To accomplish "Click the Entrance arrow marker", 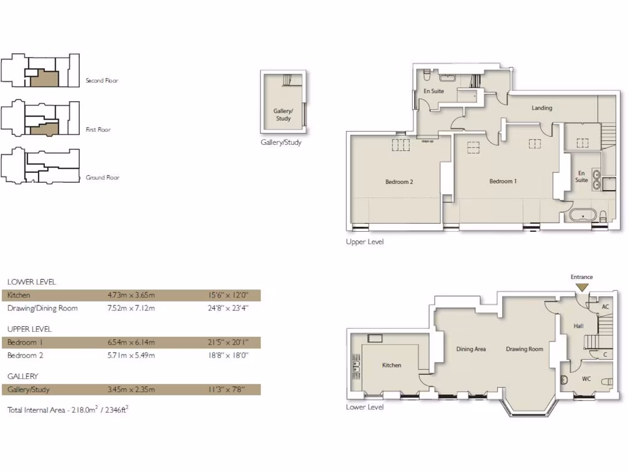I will coord(581,287).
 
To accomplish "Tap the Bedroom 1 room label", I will coord(503,182).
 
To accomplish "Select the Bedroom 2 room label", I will coord(399,182).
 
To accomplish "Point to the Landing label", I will coord(542,109).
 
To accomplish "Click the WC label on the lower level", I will coord(586,379).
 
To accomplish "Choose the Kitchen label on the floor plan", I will coord(391,366).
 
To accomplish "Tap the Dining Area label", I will coord(471,350).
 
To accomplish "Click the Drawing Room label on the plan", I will coord(524,350).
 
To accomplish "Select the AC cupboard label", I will coord(605,307).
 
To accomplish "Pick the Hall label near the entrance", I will coord(578,327).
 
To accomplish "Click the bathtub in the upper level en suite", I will coord(581,216).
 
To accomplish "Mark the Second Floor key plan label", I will coord(102,81).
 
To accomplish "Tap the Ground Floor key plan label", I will coord(102,178).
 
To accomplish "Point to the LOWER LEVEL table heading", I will coord(31,282).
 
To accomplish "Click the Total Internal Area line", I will coord(67,409).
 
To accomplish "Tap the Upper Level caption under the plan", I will coord(365,242).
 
